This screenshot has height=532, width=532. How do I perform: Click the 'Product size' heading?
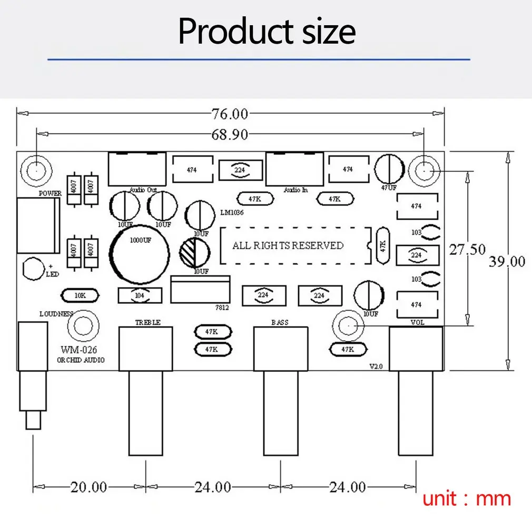pyautogui.click(x=267, y=32)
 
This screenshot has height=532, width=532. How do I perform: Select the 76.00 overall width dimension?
pyautogui.click(x=230, y=113)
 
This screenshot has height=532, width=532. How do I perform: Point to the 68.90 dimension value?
pyautogui.click(x=230, y=134)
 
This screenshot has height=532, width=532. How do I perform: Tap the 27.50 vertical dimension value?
pyautogui.click(x=467, y=249)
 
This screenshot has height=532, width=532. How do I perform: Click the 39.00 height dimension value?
pyautogui.click(x=507, y=261)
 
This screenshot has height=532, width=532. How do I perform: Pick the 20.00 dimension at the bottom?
pyautogui.click(x=88, y=487)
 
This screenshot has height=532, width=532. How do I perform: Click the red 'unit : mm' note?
pyautogui.click(x=467, y=498)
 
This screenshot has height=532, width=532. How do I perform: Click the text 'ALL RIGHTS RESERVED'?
pyautogui.click(x=288, y=245)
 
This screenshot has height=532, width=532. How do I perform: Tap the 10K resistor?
pyautogui.click(x=80, y=295)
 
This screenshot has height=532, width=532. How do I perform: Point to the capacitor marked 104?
pyautogui.click(x=140, y=296)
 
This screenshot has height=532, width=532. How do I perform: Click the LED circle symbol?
pyautogui.click(x=33, y=268)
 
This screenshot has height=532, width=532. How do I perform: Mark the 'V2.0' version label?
pyautogui.click(x=375, y=367)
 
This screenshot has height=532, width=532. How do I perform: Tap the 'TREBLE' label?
pyautogui.click(x=147, y=322)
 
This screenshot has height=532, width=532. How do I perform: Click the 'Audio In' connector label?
pyautogui.click(x=295, y=190)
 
